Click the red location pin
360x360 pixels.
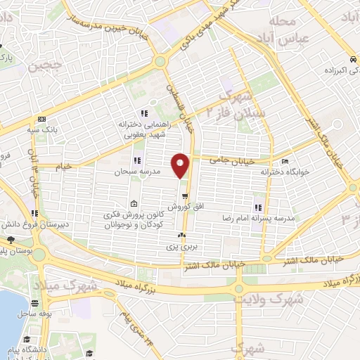(x=181, y=165)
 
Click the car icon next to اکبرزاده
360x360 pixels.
(x=349, y=60)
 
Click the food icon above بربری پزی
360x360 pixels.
(x=182, y=236)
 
